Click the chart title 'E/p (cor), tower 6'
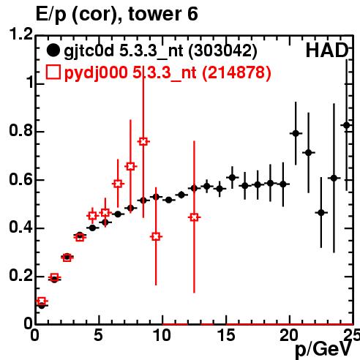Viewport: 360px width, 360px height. tap(116, 14)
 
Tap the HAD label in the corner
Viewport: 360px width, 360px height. tap(327, 50)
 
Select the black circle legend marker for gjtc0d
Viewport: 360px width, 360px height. tap(53, 50)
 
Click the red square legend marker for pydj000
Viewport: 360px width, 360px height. tap(53, 72)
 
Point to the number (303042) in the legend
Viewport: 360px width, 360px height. tap(223, 51)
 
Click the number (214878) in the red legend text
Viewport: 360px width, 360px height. tap(236, 72)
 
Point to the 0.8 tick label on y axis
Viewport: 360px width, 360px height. tap(21, 130)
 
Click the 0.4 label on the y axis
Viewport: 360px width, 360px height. tap(21, 228)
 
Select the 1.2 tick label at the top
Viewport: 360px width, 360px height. tap(21, 34)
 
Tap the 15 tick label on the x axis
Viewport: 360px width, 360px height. tap(227, 335)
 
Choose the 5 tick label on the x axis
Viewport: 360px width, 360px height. tap(98, 335)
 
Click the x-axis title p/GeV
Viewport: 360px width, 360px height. tap(323, 350)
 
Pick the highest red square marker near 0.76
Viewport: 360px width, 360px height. tap(143, 141)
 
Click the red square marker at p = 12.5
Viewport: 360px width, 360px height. tap(194, 217)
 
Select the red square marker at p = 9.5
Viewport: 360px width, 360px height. tap(156, 236)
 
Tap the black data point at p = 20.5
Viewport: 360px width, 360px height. tap(296, 133)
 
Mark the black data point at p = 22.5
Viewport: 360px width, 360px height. tap(321, 213)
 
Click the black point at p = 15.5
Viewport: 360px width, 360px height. tap(232, 178)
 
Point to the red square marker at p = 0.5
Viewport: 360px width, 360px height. tap(42, 301)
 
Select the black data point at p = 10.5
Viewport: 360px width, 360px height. tap(168, 200)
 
